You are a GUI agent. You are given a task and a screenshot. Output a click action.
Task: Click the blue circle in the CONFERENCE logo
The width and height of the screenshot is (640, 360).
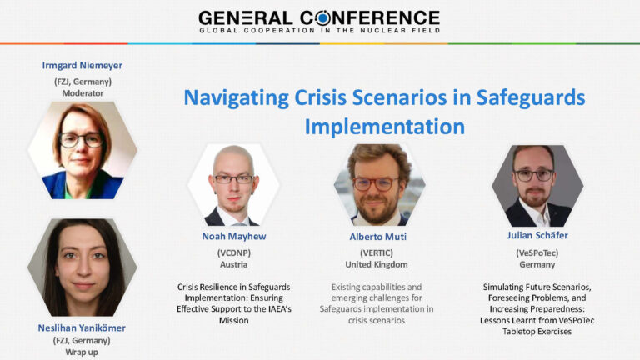[322, 18]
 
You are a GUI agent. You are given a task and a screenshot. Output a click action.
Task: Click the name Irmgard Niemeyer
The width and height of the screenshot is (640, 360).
[82, 65]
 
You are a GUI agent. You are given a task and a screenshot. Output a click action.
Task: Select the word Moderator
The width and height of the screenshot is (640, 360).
[82, 93]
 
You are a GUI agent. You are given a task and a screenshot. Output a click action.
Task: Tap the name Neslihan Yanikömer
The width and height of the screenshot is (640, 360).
[82, 327]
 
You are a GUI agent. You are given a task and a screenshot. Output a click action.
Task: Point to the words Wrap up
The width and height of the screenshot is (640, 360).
[82, 352]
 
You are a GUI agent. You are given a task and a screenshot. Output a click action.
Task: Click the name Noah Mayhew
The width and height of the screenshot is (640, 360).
[234, 236]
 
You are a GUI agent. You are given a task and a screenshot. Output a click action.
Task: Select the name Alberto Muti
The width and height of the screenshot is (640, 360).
[378, 237]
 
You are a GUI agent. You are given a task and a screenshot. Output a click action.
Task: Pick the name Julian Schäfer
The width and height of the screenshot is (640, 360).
[537, 235]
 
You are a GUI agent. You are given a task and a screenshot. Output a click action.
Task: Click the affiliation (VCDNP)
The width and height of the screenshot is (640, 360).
[234, 252]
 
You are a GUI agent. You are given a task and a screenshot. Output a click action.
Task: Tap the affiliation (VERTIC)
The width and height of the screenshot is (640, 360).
[377, 252]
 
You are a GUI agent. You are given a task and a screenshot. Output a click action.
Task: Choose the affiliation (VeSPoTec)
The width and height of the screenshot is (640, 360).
[537, 252]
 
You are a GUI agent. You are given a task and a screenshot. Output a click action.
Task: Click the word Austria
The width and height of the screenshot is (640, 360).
[234, 264]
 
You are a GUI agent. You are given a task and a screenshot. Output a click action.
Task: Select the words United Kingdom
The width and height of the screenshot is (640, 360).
[377, 264]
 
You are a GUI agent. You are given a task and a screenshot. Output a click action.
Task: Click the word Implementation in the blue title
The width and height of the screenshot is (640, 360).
[385, 127]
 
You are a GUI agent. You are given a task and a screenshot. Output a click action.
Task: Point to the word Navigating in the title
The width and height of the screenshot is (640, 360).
[237, 98]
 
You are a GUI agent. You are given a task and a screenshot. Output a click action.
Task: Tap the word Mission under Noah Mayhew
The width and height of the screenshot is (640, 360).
[234, 320]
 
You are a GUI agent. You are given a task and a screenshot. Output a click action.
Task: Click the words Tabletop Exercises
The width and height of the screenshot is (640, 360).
[537, 332]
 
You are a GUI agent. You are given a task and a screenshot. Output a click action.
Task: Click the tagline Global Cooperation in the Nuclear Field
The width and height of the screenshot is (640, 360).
[320, 30]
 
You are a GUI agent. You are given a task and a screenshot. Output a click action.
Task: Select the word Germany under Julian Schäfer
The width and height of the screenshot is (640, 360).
[537, 264]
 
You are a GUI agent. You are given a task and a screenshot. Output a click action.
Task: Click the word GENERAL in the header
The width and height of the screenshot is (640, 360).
[246, 18]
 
